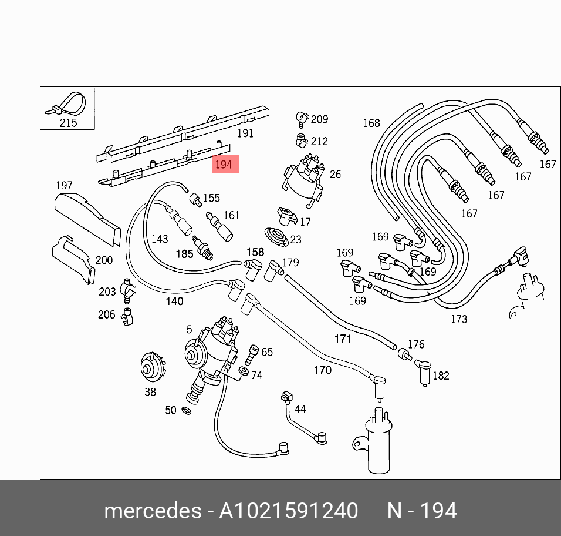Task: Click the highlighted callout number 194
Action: (x=224, y=165)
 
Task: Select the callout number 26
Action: (x=335, y=174)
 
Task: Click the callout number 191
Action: (x=245, y=133)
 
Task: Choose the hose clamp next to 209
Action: (x=301, y=119)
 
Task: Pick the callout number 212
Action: (x=320, y=141)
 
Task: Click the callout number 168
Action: (x=371, y=123)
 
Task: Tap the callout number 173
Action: (x=459, y=319)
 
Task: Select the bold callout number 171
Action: (x=343, y=339)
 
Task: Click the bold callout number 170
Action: (x=323, y=370)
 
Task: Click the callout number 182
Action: (x=441, y=376)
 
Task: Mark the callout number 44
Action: (x=300, y=409)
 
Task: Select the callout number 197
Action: (x=64, y=186)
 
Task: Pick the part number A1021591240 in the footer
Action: (x=288, y=511)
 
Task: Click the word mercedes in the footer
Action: (x=152, y=511)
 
